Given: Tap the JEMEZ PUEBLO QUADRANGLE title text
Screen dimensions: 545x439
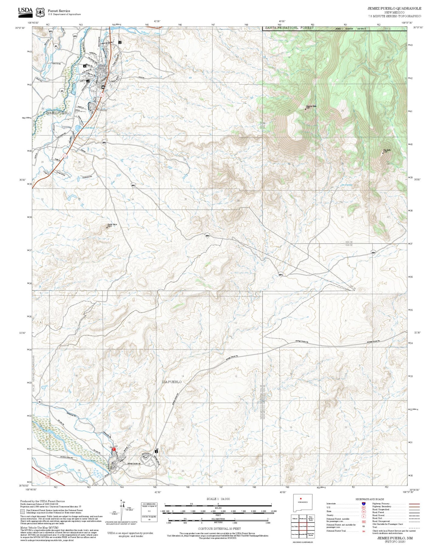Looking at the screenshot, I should point(394,9).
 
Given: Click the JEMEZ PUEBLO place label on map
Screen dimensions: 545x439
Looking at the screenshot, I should point(58,113).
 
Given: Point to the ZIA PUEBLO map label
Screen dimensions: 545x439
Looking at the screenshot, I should point(172,382).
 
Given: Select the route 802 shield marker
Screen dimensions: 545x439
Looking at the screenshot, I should point(104,142).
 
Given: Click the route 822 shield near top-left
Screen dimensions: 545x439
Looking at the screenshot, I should point(51,32).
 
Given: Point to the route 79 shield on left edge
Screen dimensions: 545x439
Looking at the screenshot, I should point(40,402).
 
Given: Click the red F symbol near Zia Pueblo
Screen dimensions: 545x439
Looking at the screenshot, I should point(114,449).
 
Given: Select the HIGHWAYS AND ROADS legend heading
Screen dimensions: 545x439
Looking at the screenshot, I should point(369,499).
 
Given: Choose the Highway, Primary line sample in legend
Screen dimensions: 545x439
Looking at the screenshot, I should point(414,504).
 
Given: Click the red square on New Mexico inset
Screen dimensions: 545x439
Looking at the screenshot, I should point(300,499).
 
